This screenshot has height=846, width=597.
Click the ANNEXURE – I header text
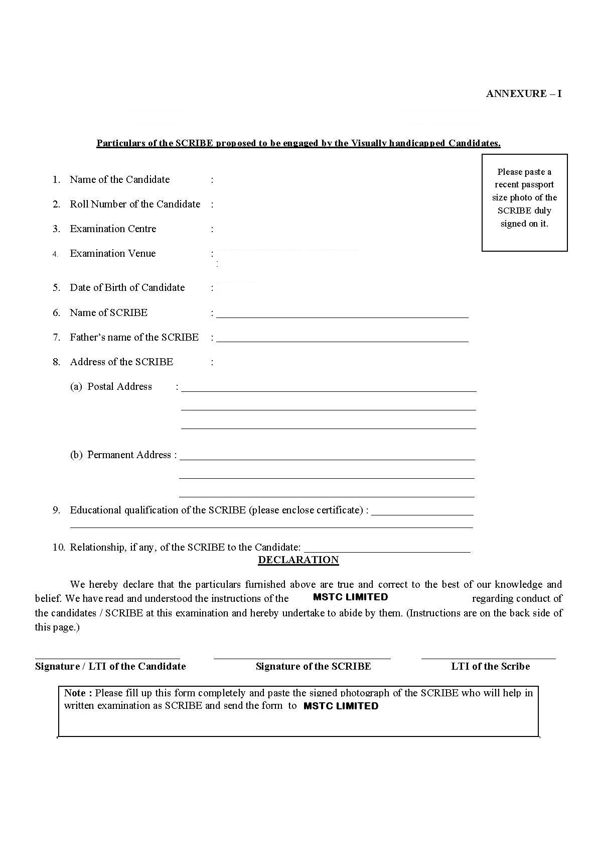(x=523, y=93)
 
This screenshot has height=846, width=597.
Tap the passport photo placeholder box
(x=524, y=202)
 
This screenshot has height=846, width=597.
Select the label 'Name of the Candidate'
(x=119, y=179)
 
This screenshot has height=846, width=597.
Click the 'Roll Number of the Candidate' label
(x=135, y=204)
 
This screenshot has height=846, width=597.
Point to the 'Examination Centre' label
(x=113, y=229)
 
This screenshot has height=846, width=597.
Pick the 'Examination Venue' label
(x=113, y=253)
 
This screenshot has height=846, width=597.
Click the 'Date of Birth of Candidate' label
(x=127, y=287)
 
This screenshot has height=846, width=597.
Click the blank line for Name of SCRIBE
(x=342, y=314)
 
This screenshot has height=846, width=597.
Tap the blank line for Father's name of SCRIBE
(x=342, y=339)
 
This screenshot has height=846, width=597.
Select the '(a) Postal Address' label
(x=111, y=386)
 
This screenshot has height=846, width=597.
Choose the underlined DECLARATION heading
(x=298, y=560)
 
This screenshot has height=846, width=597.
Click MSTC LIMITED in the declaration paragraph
(x=350, y=597)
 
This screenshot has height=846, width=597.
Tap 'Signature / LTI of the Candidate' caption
(x=110, y=666)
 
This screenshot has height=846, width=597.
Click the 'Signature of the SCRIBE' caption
(x=313, y=666)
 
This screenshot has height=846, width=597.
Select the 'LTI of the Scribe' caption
(x=490, y=666)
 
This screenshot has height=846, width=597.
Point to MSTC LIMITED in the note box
(x=341, y=706)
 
